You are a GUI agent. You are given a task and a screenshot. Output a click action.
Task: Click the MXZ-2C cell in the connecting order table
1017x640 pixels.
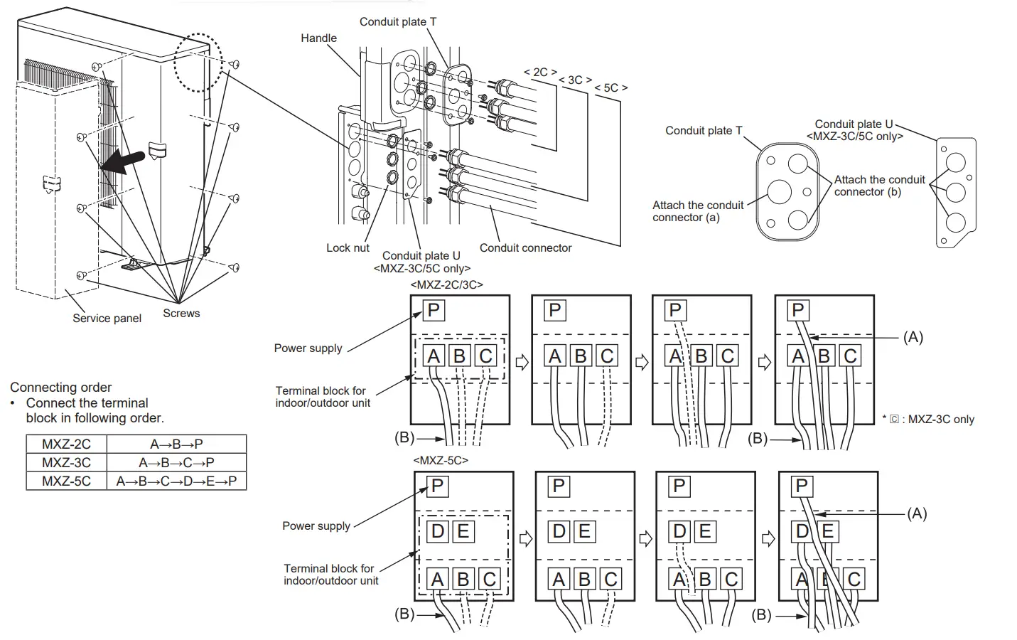tap(66, 444)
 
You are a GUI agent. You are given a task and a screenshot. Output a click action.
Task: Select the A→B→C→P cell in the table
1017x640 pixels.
tap(176, 462)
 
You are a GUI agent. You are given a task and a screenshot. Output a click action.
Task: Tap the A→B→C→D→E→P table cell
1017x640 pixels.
tap(176, 481)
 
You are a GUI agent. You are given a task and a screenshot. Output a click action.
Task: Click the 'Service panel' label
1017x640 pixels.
tap(107, 319)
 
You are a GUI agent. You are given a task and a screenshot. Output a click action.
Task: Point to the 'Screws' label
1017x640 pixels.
tap(181, 314)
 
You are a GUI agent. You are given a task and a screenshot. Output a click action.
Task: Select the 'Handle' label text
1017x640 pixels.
tap(318, 38)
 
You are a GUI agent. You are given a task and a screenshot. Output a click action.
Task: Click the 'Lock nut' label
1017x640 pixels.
tap(348, 248)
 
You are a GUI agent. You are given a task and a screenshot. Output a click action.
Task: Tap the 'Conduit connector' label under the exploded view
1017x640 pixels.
tap(525, 248)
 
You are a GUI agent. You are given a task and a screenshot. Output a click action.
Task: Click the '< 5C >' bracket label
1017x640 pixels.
tap(610, 88)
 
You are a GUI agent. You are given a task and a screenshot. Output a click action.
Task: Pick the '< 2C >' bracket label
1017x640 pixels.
tap(540, 73)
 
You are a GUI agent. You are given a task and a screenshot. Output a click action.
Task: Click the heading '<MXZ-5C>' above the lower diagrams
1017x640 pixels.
tap(441, 460)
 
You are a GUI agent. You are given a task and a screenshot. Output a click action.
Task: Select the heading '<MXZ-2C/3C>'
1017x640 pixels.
tap(446, 284)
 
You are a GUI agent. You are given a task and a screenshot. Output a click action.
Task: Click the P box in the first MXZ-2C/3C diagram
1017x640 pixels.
tap(434, 310)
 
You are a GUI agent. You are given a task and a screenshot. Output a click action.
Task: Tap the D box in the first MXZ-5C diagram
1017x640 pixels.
tap(438, 531)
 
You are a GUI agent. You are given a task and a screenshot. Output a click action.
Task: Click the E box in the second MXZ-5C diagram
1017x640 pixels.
tap(583, 531)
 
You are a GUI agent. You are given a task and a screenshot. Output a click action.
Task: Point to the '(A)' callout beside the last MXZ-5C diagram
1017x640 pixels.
tap(917, 513)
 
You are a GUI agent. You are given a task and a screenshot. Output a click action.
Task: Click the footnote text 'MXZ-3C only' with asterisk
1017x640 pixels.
tap(928, 420)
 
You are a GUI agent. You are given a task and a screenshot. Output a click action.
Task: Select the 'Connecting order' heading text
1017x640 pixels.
tap(60, 388)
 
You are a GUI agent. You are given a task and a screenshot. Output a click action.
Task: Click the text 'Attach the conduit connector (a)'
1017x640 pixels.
tap(697, 211)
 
